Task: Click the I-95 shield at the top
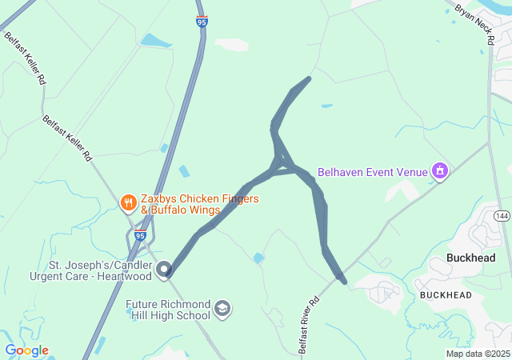(202, 22)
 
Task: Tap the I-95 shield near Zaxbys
(140, 236)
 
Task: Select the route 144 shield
(502, 216)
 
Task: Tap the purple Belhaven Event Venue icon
(439, 170)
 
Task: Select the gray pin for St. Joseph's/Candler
(165, 270)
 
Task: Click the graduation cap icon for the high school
(223, 308)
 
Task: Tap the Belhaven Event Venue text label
(373, 171)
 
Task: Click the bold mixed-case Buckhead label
(470, 258)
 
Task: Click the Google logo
(26, 350)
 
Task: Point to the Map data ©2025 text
(477, 354)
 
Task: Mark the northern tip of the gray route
(309, 78)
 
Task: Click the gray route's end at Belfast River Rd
(343, 281)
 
